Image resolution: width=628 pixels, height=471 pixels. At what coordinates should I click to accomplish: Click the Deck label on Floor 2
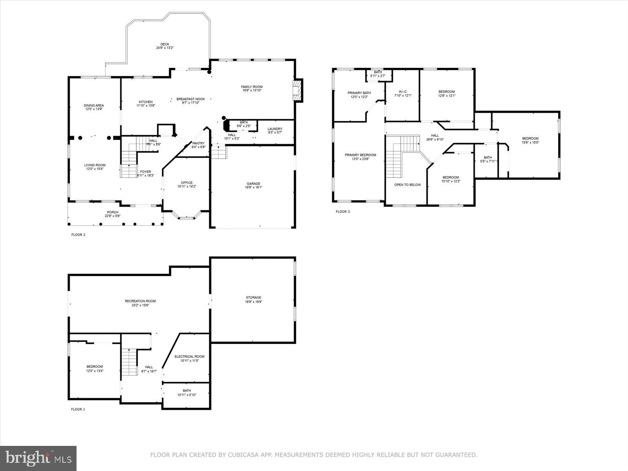165,44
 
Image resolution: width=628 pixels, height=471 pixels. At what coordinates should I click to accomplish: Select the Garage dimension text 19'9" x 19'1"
254,188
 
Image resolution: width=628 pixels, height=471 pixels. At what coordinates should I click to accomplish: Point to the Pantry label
199,143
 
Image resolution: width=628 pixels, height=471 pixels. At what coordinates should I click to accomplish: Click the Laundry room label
275,129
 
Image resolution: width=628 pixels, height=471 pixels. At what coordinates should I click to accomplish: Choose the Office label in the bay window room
187,183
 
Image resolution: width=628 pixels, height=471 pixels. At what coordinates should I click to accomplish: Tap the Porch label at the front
113,212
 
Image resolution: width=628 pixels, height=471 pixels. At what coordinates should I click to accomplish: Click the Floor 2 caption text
78,235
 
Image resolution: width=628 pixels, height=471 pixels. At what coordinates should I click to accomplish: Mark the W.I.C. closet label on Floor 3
403,91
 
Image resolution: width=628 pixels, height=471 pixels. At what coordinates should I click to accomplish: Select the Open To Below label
407,184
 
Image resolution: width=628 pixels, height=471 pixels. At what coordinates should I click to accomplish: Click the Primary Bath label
359,93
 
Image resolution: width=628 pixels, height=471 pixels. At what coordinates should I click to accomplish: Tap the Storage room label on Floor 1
254,298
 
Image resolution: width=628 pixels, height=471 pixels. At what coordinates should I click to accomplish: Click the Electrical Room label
190,356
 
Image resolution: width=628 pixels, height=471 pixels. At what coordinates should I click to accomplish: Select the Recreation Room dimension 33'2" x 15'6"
141,305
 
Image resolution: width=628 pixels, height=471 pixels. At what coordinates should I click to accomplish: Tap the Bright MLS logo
38,458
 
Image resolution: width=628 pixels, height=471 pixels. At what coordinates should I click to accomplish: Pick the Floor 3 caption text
343,212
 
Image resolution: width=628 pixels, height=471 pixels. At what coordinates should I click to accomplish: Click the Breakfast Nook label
191,99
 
